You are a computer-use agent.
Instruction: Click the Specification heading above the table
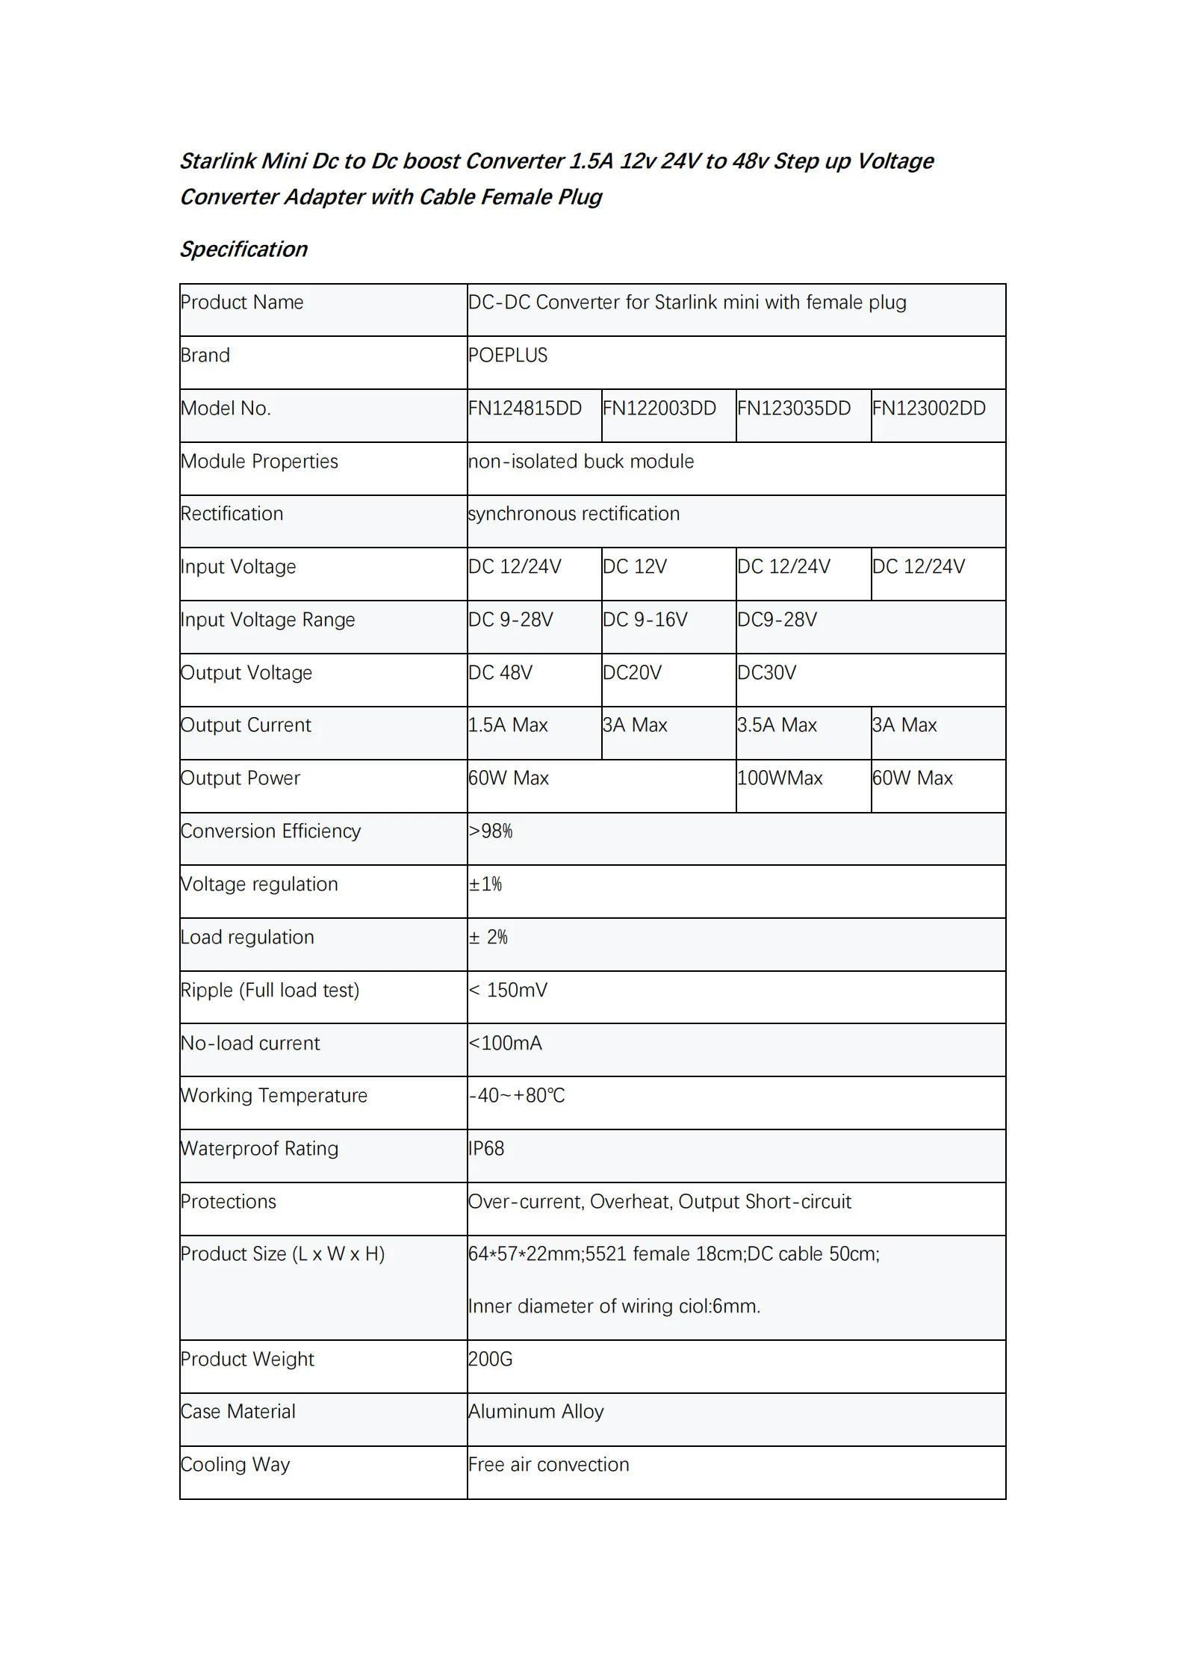(243, 249)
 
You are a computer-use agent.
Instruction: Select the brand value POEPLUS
(508, 356)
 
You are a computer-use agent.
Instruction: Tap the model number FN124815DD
(525, 409)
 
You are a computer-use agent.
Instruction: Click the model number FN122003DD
(659, 409)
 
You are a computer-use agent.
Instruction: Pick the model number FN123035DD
(794, 409)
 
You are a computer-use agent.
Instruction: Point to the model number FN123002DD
(929, 409)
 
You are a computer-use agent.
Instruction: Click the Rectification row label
(232, 514)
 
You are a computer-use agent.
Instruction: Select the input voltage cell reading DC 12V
(635, 567)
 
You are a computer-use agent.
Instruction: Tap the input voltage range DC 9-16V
(645, 620)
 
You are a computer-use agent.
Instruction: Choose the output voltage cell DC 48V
(500, 673)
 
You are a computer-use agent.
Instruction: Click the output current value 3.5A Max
(777, 725)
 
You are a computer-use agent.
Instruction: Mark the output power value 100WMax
(780, 778)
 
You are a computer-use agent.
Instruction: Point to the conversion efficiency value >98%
(491, 831)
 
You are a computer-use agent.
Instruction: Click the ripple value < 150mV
(508, 991)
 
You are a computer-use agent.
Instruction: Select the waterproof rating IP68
(486, 1148)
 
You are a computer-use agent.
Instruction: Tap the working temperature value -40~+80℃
(517, 1096)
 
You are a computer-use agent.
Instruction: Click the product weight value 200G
(491, 1359)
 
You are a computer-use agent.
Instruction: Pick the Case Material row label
(238, 1411)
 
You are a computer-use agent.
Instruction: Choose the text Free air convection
(549, 1464)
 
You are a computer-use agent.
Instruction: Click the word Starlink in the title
(217, 161)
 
